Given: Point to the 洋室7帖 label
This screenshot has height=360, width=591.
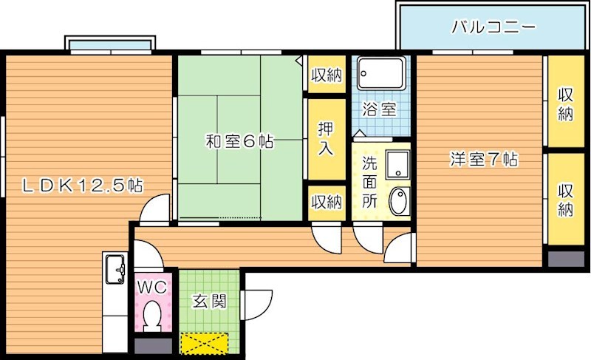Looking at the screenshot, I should [483, 158].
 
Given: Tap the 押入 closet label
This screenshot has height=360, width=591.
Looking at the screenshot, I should [326, 138].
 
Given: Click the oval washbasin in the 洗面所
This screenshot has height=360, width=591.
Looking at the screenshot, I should [398, 201].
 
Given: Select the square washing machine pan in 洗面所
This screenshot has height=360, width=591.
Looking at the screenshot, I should [398, 163].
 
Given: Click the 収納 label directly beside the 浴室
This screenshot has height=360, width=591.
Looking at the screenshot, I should [326, 74].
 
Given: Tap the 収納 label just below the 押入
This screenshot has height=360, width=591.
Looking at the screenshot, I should [326, 200].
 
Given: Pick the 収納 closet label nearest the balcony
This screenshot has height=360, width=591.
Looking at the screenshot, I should [566, 103].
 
